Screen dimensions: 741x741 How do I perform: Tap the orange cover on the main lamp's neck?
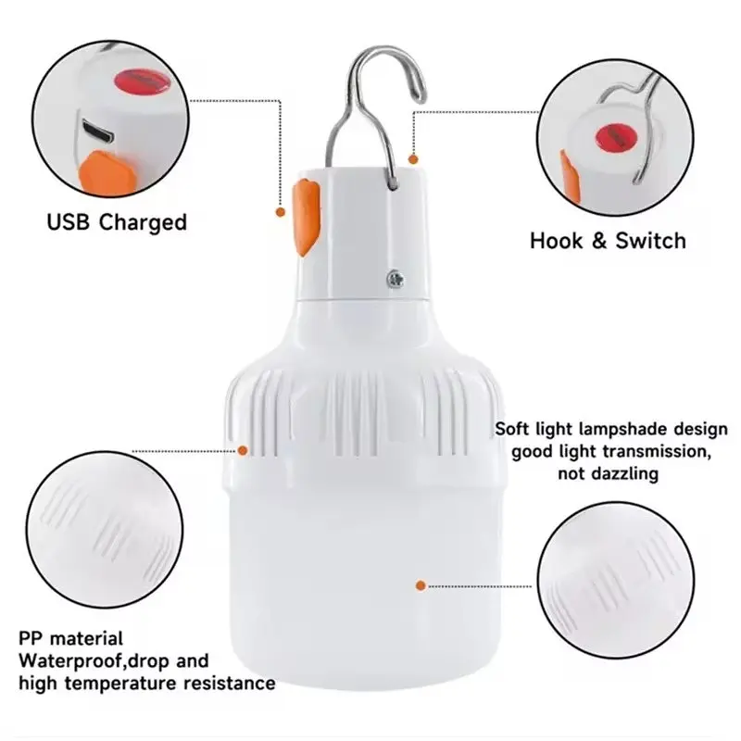coord(307,217)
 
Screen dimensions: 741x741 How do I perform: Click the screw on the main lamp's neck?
coord(396,279)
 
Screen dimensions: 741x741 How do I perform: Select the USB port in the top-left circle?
coord(98,132)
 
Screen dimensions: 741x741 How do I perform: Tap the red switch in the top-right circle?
coord(617,136)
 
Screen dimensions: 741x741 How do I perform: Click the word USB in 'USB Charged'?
coord(68,221)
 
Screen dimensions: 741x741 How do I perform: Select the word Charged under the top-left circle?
coord(144,223)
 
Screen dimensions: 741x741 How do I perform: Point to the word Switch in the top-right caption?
coord(650,241)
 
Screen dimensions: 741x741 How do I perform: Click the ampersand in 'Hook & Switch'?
coord(598,241)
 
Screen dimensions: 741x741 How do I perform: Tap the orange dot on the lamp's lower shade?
coord(421,586)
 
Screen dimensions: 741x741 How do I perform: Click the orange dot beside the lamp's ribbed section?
coord(243,450)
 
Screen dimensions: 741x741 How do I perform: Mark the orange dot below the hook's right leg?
coord(413,159)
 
